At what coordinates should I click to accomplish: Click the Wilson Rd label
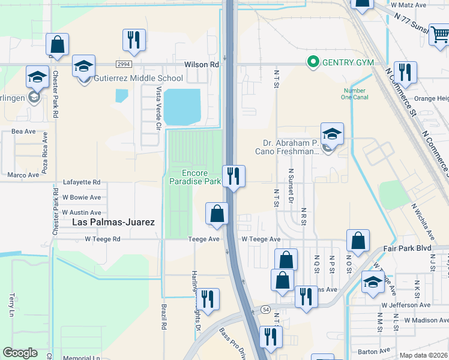[x=201, y=64]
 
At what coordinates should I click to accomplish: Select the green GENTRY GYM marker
[x=312, y=62]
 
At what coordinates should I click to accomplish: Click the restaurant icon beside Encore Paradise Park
[x=233, y=176]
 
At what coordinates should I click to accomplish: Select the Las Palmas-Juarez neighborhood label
[x=113, y=222]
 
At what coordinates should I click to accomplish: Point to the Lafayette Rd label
[x=82, y=182]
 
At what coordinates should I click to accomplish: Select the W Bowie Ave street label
[x=81, y=197]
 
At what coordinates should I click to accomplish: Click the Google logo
[x=20, y=352]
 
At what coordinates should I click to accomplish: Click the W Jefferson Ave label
[x=405, y=305]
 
